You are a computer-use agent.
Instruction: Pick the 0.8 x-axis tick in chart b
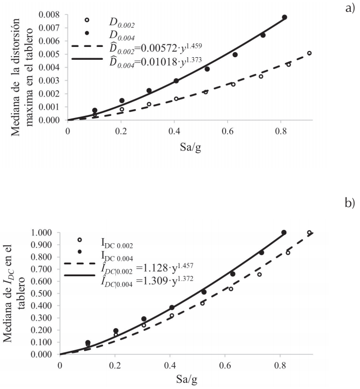[278, 364]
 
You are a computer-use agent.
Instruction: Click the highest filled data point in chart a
[284, 17]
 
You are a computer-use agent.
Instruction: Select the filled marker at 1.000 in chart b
[284, 232]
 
